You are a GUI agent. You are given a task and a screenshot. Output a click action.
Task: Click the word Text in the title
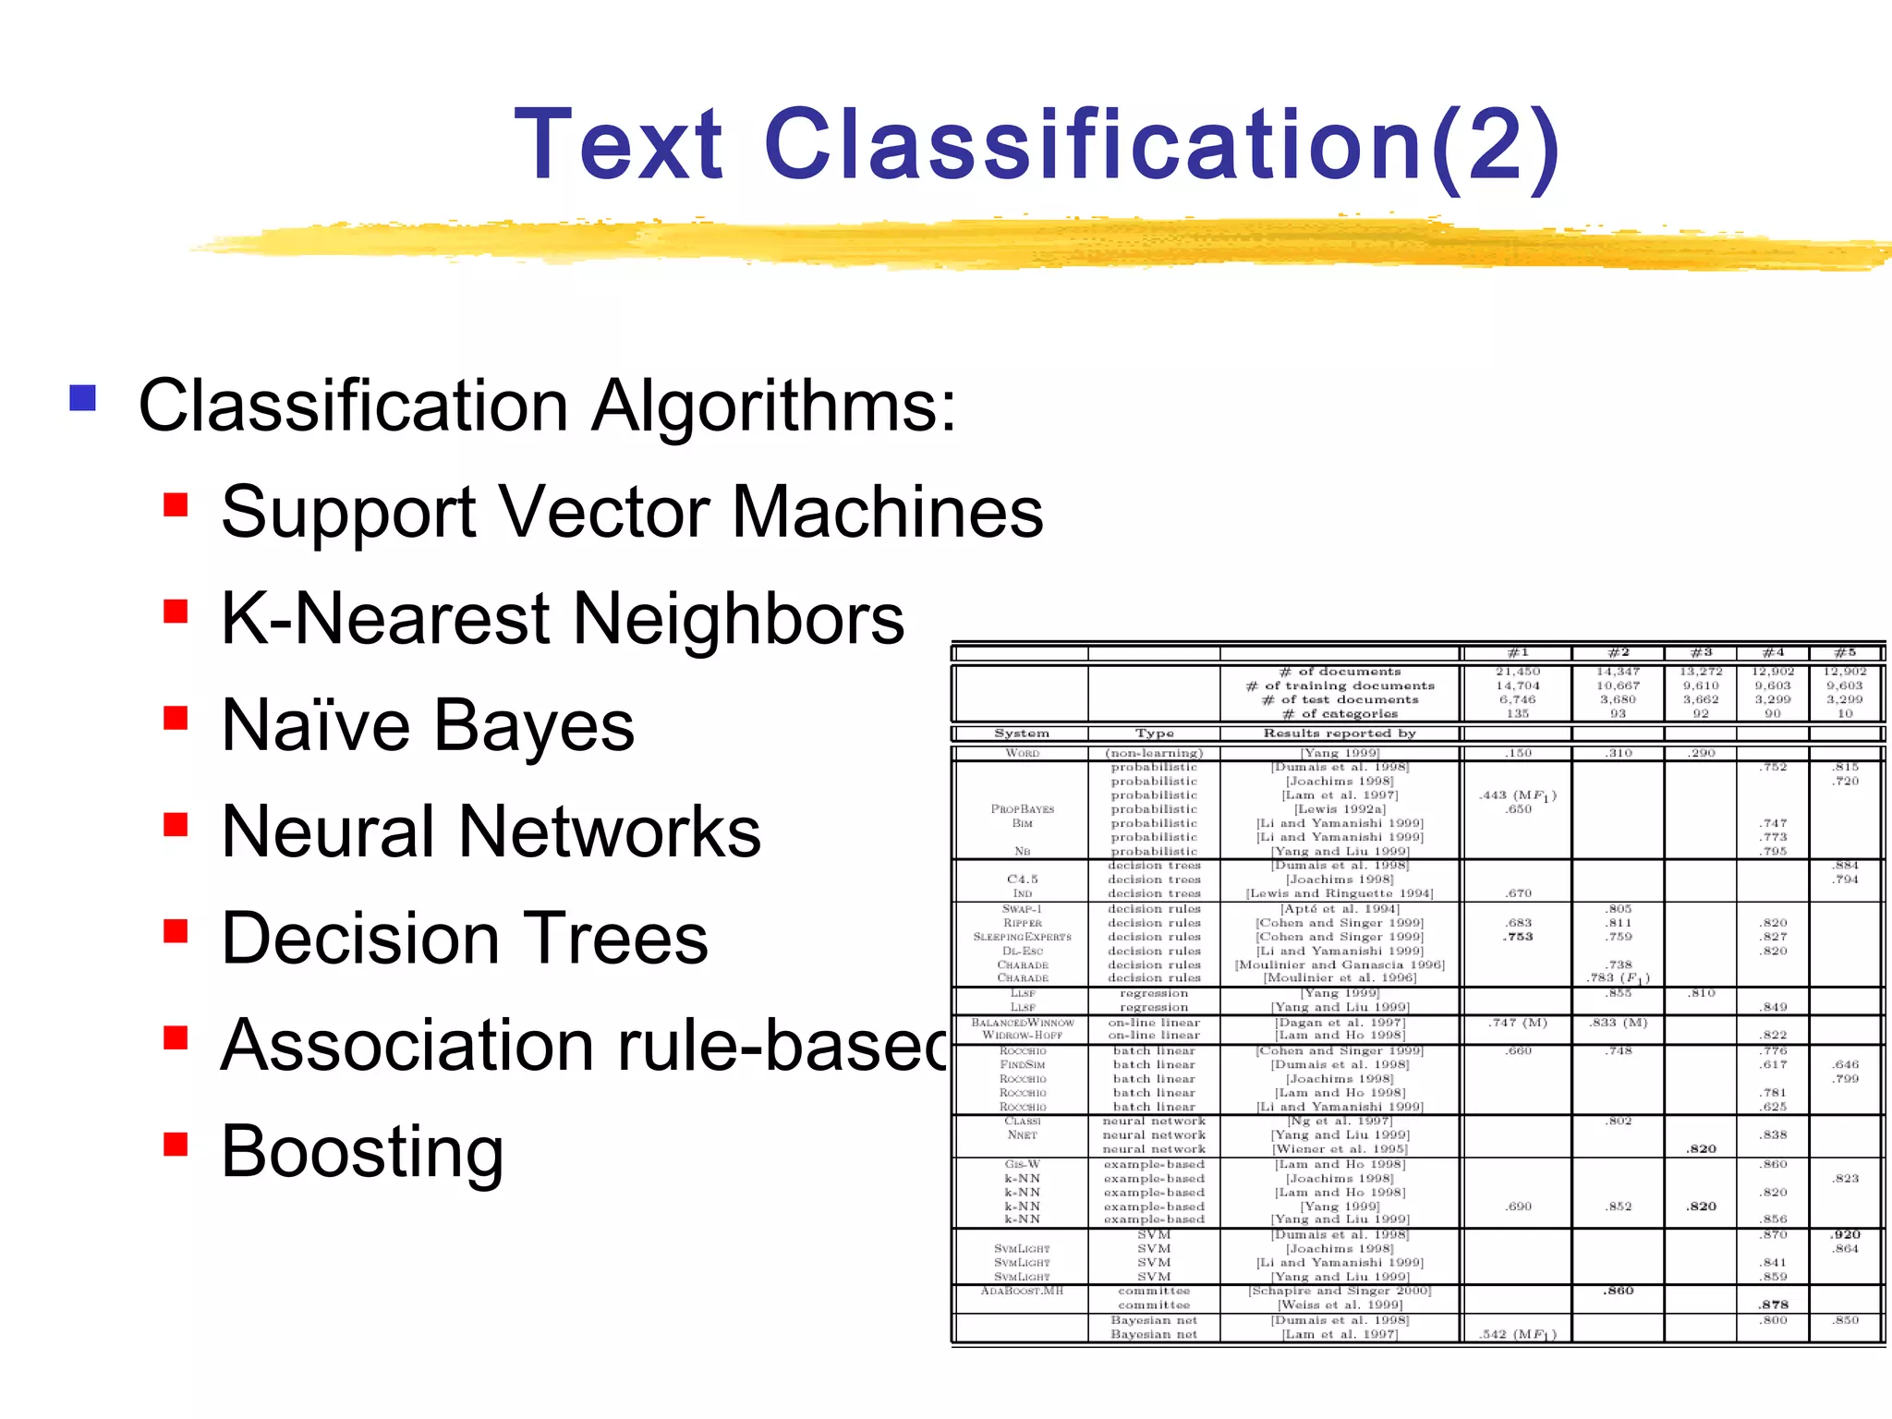point(619,145)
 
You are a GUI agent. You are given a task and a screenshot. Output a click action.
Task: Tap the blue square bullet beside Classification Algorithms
point(83,398)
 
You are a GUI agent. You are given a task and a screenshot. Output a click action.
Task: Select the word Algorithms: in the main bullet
point(774,406)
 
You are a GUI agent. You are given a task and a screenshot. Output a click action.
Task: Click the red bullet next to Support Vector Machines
point(176,505)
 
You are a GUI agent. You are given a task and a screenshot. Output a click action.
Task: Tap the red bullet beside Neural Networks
point(176,824)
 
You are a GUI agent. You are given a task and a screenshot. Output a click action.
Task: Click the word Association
point(407,1045)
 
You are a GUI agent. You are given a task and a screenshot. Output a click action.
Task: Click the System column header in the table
point(1022,734)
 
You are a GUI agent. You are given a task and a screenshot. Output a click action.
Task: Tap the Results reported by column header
point(1340,734)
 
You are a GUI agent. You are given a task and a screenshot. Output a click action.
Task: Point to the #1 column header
point(1518,653)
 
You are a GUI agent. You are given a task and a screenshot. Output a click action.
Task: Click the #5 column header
point(1846,653)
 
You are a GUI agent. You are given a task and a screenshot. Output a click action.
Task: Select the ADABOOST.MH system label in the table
point(1022,1291)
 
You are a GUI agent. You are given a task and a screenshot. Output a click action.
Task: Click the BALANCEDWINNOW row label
point(1022,1023)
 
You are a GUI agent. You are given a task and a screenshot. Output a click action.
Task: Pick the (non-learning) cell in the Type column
point(1154,753)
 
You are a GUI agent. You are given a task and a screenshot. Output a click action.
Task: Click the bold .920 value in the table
point(1846,1235)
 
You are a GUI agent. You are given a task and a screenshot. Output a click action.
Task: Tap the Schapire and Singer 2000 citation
point(1340,1291)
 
